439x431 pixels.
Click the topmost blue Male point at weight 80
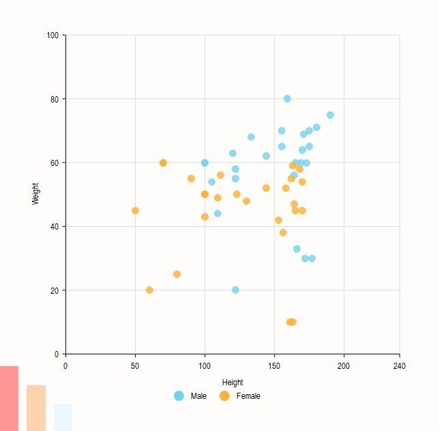click(287, 98)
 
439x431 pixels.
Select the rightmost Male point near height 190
click(330, 115)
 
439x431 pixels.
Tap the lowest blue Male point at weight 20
click(235, 290)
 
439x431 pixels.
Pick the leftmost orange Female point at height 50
click(135, 210)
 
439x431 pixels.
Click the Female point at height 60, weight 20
click(149, 290)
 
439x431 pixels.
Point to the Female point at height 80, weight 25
click(177, 274)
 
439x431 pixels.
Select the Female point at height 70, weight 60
click(163, 163)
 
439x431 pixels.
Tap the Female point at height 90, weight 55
click(191, 178)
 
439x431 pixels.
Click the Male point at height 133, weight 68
click(251, 137)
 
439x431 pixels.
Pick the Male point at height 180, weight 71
click(316, 127)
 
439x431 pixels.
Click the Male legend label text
click(198, 396)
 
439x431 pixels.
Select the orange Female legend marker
click(224, 396)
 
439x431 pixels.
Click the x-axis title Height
click(232, 383)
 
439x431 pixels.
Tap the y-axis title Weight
click(35, 194)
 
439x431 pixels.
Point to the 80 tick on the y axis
click(55, 99)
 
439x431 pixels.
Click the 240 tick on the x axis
click(399, 367)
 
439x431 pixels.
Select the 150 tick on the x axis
click(274, 367)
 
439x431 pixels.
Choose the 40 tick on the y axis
click(55, 226)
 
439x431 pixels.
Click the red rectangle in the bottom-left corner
click(9, 398)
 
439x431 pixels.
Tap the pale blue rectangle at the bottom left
click(63, 417)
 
